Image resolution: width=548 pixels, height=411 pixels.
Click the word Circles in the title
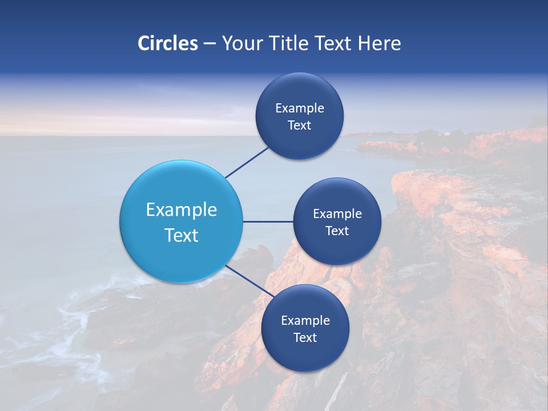pos(168,43)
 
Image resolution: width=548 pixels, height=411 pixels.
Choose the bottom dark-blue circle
pos(305,354)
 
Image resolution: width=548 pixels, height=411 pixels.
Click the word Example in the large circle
pos(181,210)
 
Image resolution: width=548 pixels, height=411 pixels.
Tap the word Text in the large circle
pos(181,235)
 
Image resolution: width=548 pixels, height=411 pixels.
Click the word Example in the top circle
pos(300,108)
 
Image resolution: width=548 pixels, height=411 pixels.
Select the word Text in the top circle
pos(300,126)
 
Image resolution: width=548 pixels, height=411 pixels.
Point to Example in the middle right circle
pos(337,214)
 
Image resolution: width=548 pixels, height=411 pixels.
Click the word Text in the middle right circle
pos(337,231)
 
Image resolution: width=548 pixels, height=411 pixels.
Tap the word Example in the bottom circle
pos(305,321)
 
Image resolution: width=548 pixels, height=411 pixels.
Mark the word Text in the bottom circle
pos(305,338)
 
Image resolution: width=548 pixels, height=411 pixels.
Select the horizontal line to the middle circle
pos(268,221)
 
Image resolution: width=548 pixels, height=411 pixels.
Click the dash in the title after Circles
pos(209,44)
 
